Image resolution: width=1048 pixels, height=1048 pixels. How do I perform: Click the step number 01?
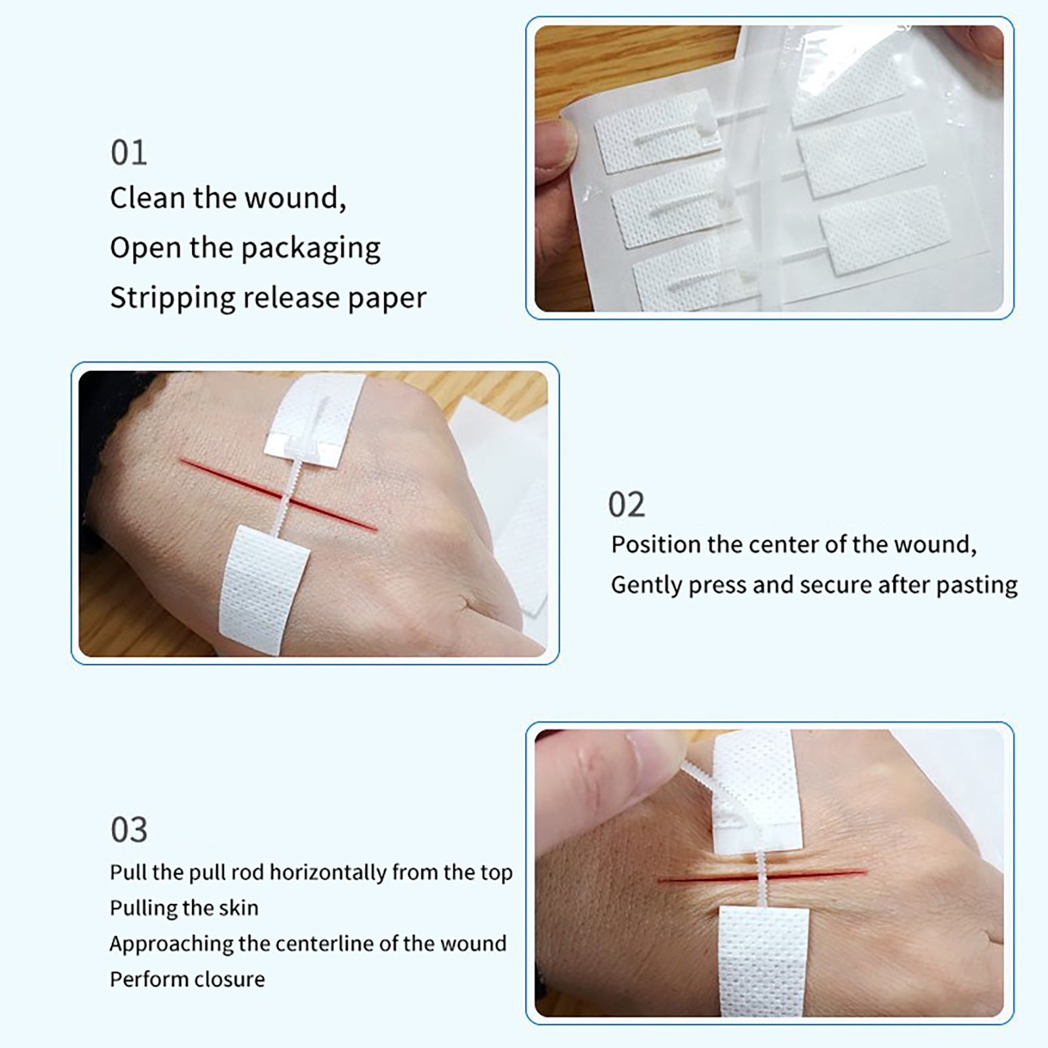128,153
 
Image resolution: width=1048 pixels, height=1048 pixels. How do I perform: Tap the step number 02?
626,504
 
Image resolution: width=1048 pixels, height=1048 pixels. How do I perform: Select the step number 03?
129,830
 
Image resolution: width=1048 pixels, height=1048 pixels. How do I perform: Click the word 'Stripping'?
172,299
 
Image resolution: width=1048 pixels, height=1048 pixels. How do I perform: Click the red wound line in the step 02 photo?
279,495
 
